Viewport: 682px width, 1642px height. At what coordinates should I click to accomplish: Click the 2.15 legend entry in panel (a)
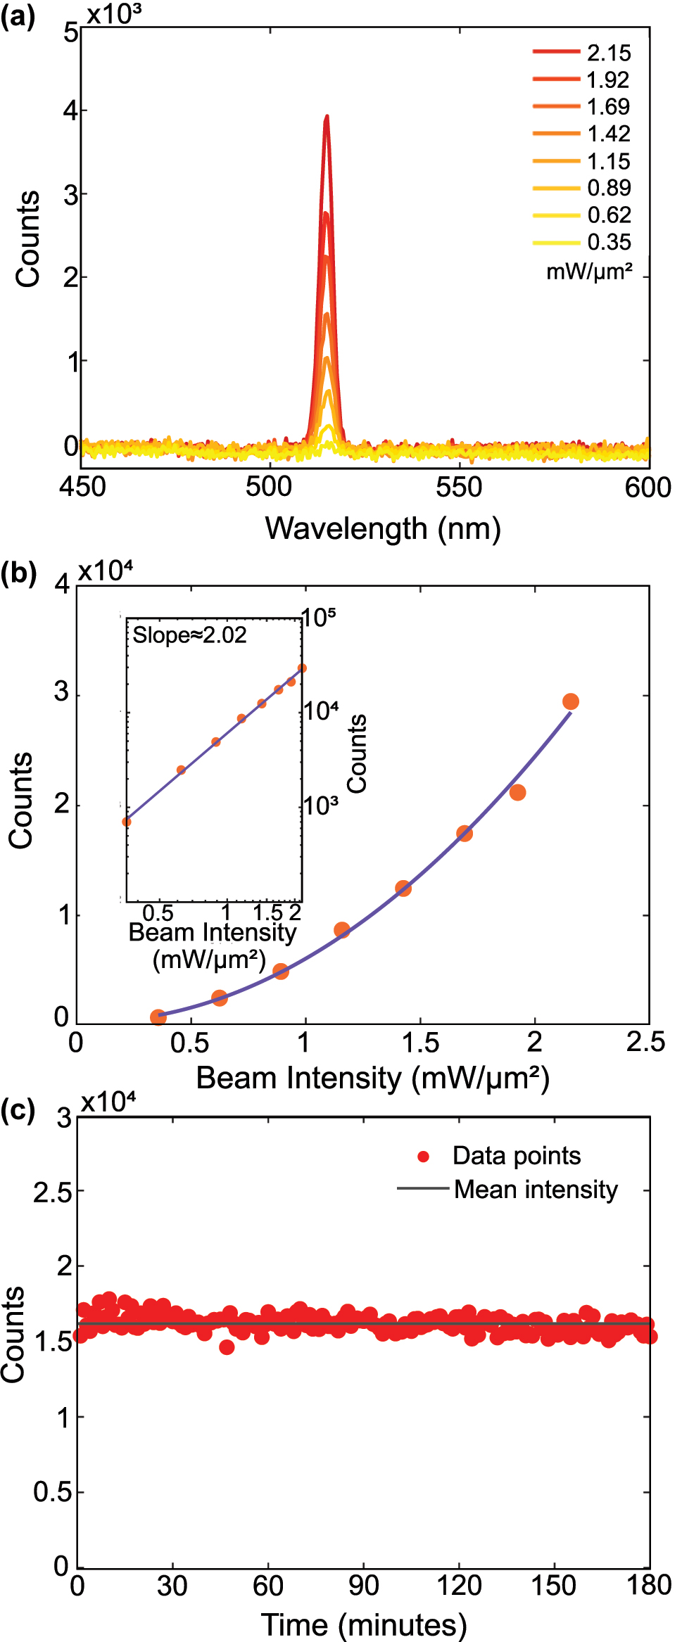[609, 53]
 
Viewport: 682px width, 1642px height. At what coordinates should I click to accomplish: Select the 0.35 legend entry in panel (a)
[609, 243]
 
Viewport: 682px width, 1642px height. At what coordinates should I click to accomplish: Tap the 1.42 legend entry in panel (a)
[609, 134]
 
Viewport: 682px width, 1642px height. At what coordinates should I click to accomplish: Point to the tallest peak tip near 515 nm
[327, 117]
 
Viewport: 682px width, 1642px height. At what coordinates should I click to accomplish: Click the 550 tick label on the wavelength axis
[459, 488]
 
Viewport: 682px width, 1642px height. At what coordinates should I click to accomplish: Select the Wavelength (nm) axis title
[383, 528]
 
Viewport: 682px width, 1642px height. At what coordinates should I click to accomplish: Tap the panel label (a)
[18, 15]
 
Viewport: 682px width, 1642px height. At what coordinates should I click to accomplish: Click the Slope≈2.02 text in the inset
[190, 635]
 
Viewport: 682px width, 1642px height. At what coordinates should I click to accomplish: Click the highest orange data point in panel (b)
[571, 701]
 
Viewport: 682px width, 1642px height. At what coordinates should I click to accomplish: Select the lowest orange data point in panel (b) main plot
[158, 1017]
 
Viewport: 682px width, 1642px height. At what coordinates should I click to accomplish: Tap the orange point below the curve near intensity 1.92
[517, 793]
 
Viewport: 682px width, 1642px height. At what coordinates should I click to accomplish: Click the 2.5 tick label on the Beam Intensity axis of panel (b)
[645, 1043]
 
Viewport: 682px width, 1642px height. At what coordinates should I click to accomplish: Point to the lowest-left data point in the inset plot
[127, 822]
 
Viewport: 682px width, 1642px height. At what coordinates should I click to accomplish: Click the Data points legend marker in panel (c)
[424, 1157]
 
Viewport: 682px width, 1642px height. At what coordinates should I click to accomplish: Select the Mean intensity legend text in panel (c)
[536, 1190]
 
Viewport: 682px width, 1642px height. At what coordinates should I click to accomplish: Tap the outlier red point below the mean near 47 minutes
[227, 1347]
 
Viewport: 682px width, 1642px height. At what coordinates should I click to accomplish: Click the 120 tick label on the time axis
[459, 1586]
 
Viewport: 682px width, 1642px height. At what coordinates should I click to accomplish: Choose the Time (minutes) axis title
[364, 1625]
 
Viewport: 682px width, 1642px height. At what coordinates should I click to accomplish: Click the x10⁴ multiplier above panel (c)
[108, 1102]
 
